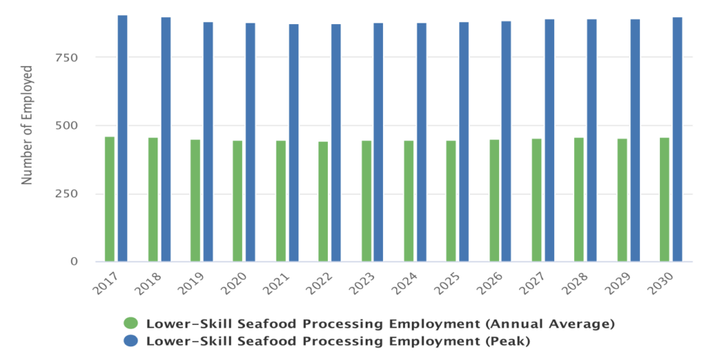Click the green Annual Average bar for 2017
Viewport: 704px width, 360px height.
(109, 199)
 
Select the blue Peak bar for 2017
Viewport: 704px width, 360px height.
(122, 138)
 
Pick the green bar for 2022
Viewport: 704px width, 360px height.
(323, 201)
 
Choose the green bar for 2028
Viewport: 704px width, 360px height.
(579, 199)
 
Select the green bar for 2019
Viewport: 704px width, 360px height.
(195, 201)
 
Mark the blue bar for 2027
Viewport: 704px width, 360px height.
(549, 140)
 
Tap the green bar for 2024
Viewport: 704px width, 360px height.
(408, 201)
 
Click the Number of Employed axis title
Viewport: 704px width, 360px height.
(27, 125)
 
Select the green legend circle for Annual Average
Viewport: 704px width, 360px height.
(131, 324)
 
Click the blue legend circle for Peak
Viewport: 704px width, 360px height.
(131, 340)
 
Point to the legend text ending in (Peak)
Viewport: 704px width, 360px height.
(340, 340)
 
